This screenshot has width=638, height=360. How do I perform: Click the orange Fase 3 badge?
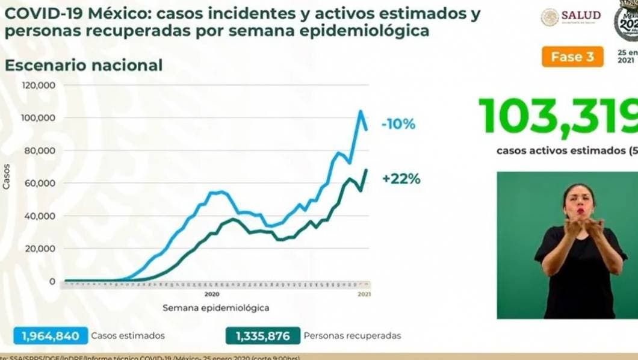tap(576, 57)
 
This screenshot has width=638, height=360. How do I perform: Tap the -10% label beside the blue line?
tap(398, 125)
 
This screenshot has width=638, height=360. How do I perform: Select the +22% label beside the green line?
tap(400, 179)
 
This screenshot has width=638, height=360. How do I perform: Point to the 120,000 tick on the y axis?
tap(39, 85)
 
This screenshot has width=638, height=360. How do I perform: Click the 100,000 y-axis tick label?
tap(39, 118)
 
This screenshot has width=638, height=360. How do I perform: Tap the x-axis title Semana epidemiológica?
tap(215, 308)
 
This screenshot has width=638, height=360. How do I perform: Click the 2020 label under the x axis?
tap(211, 294)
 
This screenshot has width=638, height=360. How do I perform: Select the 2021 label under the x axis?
tap(364, 294)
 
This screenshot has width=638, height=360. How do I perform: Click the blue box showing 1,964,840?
tap(50, 336)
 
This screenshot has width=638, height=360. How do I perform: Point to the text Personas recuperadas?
tap(352, 336)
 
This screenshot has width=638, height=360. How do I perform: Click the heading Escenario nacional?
tap(84, 65)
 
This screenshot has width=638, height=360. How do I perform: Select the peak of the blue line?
tap(361, 111)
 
